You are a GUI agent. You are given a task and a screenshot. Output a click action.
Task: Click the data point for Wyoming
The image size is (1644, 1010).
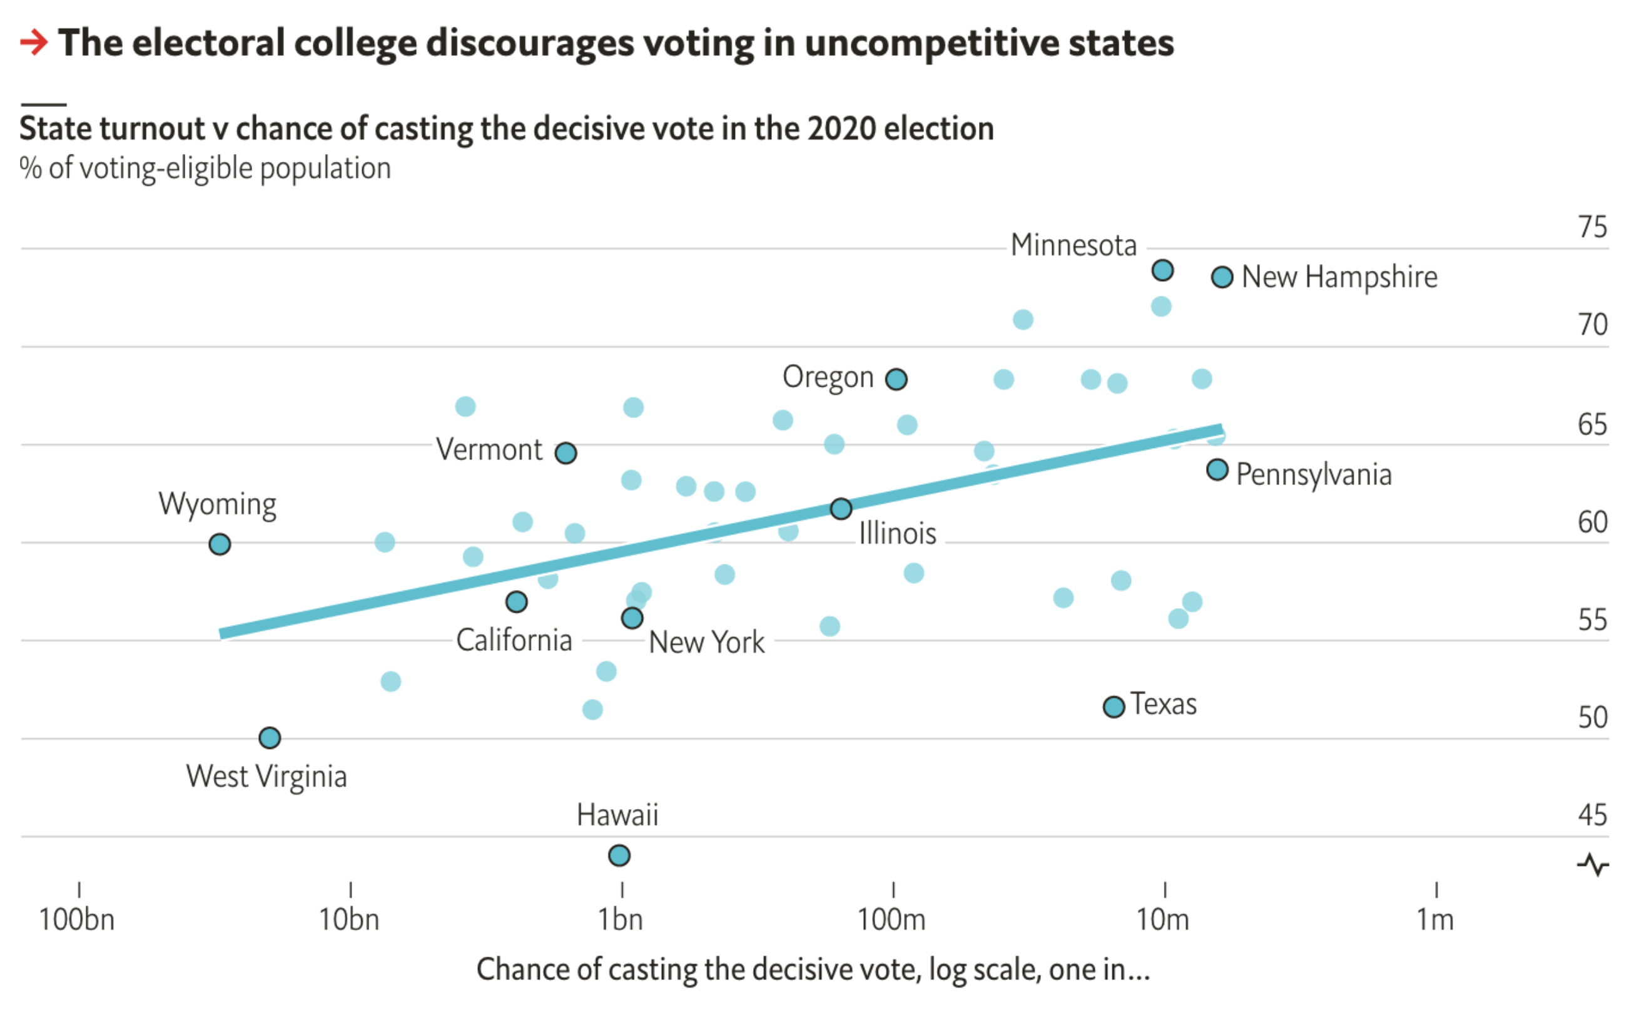tap(220, 544)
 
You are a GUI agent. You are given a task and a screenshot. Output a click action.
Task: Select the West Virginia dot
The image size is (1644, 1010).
tap(270, 738)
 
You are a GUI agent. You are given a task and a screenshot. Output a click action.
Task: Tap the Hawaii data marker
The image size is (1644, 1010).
tap(620, 855)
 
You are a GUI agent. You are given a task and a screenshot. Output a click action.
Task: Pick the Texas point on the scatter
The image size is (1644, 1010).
tap(1114, 706)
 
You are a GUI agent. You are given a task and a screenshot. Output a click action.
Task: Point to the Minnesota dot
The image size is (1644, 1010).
tap(1163, 270)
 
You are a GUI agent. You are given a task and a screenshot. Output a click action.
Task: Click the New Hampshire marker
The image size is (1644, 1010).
tap(1222, 277)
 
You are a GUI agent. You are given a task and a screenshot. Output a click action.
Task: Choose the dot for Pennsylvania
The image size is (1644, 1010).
tap(1218, 470)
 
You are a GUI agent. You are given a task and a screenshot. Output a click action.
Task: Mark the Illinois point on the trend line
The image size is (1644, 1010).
tap(841, 509)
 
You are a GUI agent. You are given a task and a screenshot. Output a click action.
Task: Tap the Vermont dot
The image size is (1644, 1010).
tap(566, 454)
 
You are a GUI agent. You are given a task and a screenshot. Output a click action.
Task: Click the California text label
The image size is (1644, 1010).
tap(514, 641)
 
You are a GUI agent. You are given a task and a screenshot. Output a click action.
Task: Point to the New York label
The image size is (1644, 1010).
tap(707, 643)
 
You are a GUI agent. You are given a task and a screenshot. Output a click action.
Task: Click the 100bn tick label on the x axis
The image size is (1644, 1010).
tap(77, 920)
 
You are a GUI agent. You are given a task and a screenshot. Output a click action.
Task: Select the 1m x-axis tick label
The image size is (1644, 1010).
tap(1436, 920)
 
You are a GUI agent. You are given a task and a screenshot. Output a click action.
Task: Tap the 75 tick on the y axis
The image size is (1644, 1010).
tap(1593, 228)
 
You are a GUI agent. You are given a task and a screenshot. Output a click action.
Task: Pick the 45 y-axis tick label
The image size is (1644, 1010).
tap(1593, 815)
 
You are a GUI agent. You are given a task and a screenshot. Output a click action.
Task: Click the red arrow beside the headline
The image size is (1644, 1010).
tap(34, 43)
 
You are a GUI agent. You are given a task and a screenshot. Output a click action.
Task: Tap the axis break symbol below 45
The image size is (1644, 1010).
tap(1593, 865)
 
